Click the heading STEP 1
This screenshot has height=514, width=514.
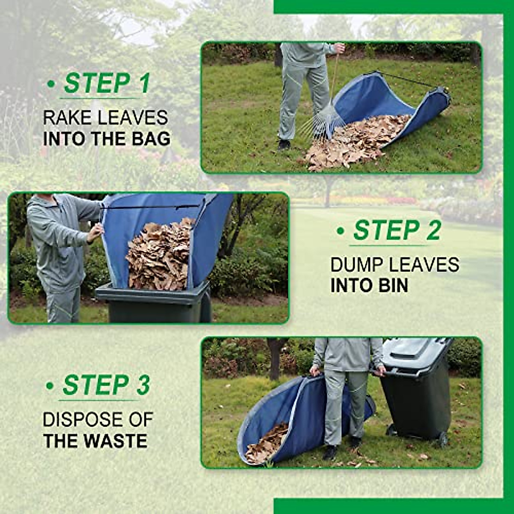pyautogui.click(x=107, y=83)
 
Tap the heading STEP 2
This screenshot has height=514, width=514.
pyautogui.click(x=396, y=230)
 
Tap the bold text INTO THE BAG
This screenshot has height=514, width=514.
pyautogui.click(x=107, y=139)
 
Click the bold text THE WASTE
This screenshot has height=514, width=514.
pyautogui.click(x=95, y=441)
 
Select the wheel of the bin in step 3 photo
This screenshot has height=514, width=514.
pyautogui.click(x=441, y=439)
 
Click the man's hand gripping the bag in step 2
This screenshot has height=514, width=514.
pyautogui.click(x=96, y=232)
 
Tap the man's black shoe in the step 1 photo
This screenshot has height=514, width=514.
pyautogui.click(x=284, y=145)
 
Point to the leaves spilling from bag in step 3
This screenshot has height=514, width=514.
pyautogui.click(x=268, y=443)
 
